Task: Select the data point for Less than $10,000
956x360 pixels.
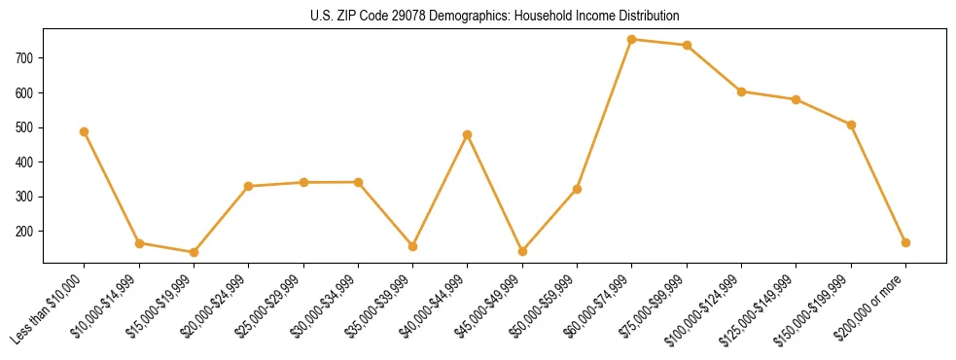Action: tap(85, 131)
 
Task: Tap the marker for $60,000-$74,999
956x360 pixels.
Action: tap(632, 40)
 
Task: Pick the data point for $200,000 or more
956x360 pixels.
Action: tap(906, 242)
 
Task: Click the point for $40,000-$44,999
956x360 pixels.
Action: tap(468, 134)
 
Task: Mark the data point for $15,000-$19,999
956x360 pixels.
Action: tap(194, 252)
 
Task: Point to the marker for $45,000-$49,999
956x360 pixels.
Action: tap(522, 251)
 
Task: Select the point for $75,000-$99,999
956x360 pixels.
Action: tap(688, 46)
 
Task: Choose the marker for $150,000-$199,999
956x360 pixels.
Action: tap(852, 125)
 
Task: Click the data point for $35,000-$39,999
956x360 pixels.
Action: tap(412, 246)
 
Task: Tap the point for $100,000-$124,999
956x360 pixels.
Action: tap(742, 91)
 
